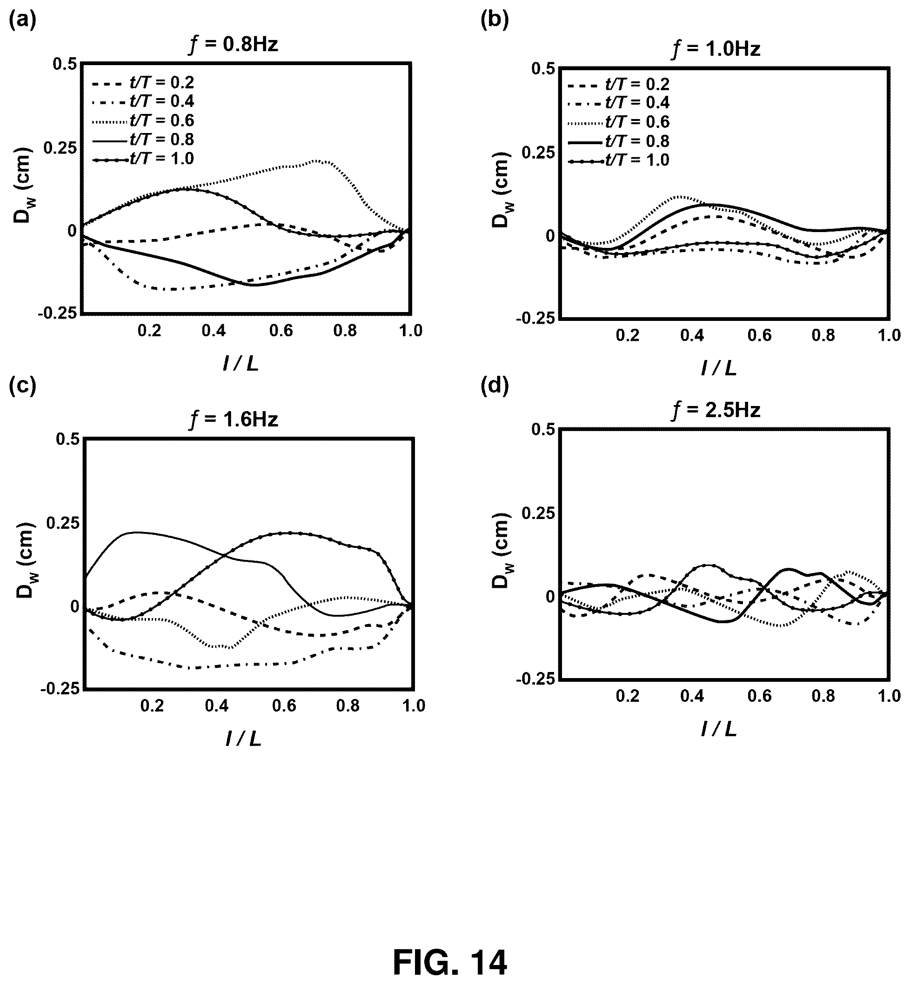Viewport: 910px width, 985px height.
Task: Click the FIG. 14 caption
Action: point(449,962)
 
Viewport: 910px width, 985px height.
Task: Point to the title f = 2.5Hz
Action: point(716,410)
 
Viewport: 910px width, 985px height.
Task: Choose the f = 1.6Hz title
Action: point(234,420)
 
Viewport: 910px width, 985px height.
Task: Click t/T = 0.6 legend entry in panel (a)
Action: point(143,120)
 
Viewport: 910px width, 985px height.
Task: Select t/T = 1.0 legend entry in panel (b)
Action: point(618,160)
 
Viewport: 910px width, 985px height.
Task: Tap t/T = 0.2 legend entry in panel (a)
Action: point(143,82)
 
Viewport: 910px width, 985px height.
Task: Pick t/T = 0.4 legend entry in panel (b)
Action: point(618,103)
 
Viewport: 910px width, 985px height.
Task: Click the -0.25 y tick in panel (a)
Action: point(57,313)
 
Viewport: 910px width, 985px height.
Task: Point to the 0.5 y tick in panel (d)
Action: point(544,429)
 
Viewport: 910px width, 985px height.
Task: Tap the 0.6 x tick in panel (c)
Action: point(284,705)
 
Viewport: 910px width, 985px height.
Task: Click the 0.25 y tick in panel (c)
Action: point(62,523)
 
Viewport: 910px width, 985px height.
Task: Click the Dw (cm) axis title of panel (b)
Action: point(501,190)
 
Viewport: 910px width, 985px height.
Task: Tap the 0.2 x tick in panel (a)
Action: point(149,331)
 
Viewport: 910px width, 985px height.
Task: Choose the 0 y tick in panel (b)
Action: point(550,236)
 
